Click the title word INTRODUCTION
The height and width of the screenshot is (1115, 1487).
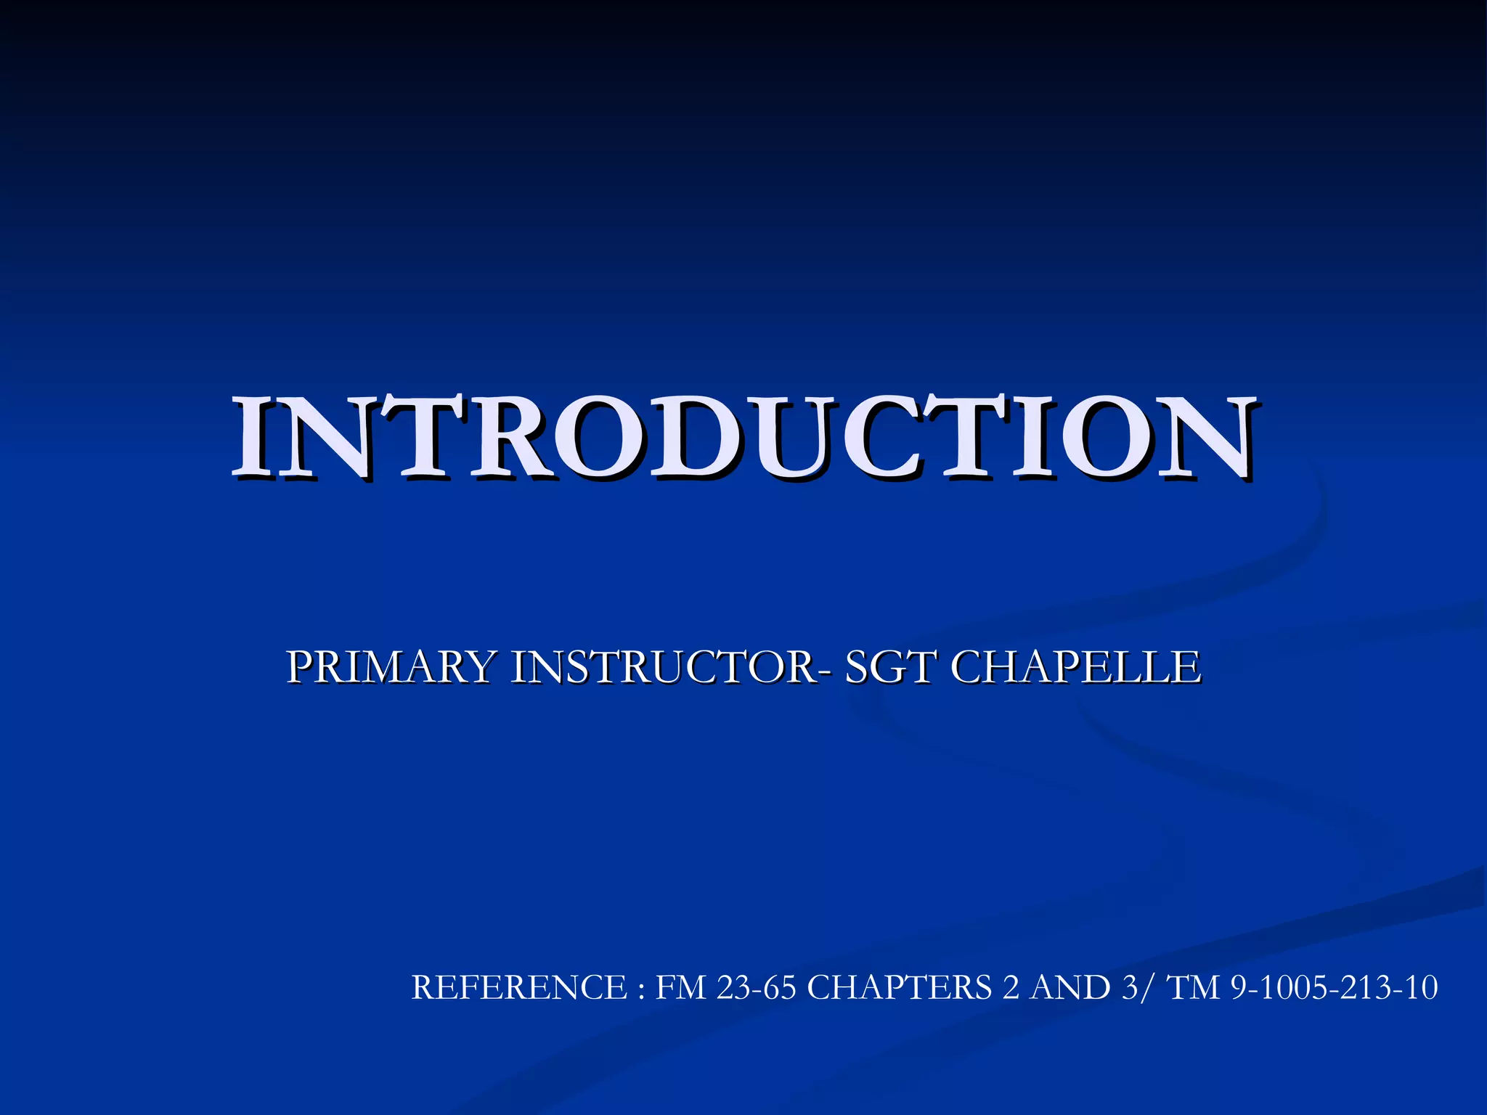[x=743, y=438]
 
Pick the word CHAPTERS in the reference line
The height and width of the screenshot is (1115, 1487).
[x=899, y=988]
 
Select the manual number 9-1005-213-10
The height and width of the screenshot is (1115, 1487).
[x=1335, y=988]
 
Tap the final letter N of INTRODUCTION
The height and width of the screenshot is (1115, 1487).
[x=1205, y=438]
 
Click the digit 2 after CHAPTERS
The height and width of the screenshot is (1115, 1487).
[x=1010, y=988]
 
